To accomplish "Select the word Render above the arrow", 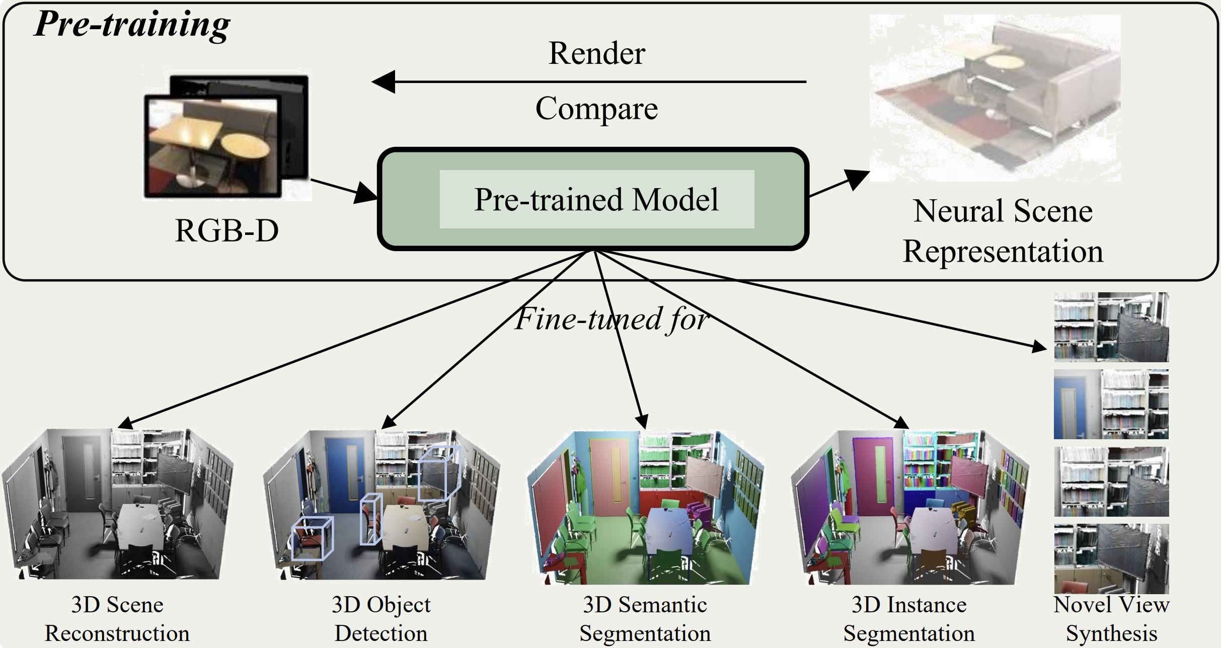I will coord(596,53).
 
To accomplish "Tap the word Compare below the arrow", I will coord(596,109).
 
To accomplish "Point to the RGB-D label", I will coord(226,231).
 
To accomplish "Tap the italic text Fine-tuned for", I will coord(612,319).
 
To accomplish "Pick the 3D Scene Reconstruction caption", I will coord(117,619).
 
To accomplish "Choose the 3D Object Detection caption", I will coord(381,619).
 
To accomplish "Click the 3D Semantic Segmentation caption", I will coord(645,619).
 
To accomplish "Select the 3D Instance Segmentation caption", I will coord(909,619).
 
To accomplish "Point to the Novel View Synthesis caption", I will coord(1111,619).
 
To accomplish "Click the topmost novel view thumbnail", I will coord(1111,327).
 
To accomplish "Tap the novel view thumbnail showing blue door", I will coord(1111,404).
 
